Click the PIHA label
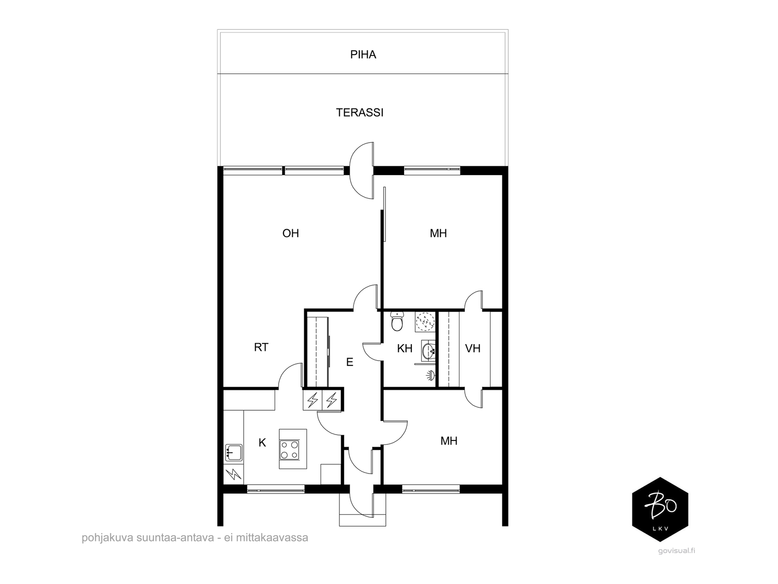(363, 55)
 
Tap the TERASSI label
(359, 112)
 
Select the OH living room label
(291, 233)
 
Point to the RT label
(261, 347)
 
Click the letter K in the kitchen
(262, 442)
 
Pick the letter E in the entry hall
(350, 362)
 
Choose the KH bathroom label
(405, 348)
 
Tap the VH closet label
(473, 348)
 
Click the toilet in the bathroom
(397, 321)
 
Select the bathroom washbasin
(428, 350)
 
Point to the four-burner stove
(289, 450)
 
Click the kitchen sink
(233, 453)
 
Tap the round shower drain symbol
(425, 321)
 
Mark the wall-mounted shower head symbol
(430, 375)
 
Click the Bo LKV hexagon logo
(660, 510)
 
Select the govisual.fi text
(677, 551)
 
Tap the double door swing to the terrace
(362, 170)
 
